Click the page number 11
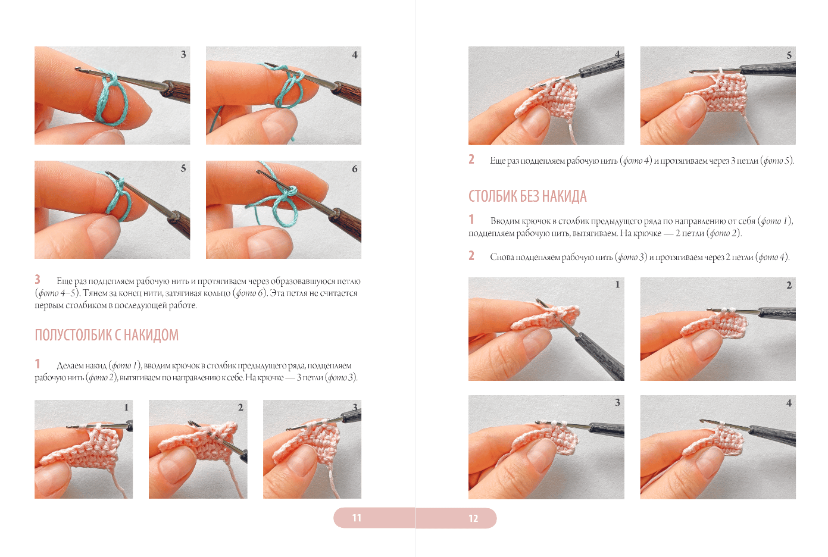coord(357,518)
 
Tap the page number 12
coord(473,518)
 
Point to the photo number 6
coord(355,169)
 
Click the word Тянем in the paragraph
coord(93,293)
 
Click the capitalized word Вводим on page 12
coord(505,221)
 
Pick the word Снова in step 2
coord(502,257)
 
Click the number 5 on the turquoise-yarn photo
coord(183,168)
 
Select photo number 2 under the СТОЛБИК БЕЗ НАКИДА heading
coord(789,285)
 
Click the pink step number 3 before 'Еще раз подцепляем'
coord(38,280)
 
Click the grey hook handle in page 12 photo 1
coord(601,355)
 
